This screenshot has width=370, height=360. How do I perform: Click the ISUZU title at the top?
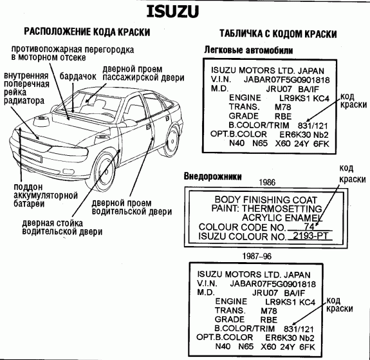click(x=172, y=12)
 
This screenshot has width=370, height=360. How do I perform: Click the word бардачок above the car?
click(x=78, y=77)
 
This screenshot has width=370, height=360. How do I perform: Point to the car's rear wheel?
click(x=172, y=141)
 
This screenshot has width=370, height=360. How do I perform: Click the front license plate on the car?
click(x=32, y=157)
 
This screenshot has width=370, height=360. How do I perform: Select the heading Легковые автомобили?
click(x=248, y=50)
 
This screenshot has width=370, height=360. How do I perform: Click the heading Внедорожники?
click(x=212, y=176)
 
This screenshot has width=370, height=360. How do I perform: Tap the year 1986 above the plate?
click(x=267, y=182)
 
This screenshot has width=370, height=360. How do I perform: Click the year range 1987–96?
click(x=257, y=256)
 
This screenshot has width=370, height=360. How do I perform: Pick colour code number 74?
click(x=309, y=227)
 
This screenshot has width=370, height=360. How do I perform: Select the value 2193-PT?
click(x=310, y=236)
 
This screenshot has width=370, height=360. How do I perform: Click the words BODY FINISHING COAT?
click(x=266, y=200)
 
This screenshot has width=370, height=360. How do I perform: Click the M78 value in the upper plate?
click(x=283, y=108)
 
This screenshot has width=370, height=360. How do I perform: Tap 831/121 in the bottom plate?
click(x=299, y=329)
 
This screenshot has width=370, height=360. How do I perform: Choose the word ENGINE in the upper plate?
click(x=245, y=98)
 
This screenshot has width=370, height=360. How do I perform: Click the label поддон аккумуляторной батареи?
click(x=46, y=195)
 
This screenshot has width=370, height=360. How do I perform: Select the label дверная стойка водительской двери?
click(x=62, y=227)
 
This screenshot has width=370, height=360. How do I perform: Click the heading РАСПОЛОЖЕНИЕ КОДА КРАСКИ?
click(x=87, y=32)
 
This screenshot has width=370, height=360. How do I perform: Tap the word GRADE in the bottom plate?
click(x=229, y=319)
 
